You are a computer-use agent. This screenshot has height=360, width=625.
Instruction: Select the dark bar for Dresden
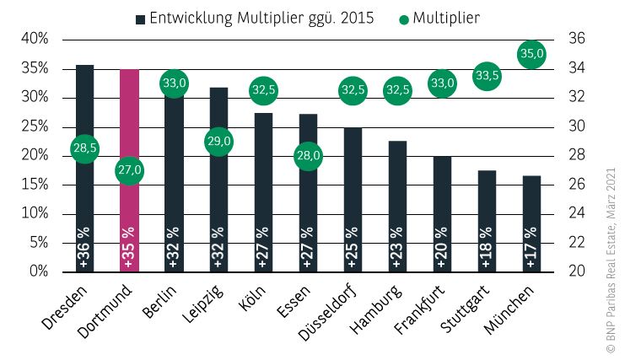click(84, 202)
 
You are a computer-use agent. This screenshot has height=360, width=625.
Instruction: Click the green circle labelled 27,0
click(129, 170)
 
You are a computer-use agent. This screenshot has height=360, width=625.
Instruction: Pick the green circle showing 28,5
click(84, 148)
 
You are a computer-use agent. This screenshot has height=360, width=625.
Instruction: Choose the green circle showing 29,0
click(218, 141)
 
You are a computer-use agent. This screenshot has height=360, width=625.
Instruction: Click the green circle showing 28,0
click(308, 156)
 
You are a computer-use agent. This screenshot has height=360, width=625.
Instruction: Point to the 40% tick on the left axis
click(35, 39)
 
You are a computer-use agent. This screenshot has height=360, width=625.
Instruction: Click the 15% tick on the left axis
click(35, 185)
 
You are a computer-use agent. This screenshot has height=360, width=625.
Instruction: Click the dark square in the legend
click(140, 18)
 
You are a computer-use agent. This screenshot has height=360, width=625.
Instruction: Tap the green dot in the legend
click(403, 18)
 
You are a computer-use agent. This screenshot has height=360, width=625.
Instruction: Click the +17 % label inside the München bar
click(531, 247)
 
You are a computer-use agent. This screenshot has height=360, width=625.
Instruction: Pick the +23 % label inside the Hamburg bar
click(397, 247)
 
